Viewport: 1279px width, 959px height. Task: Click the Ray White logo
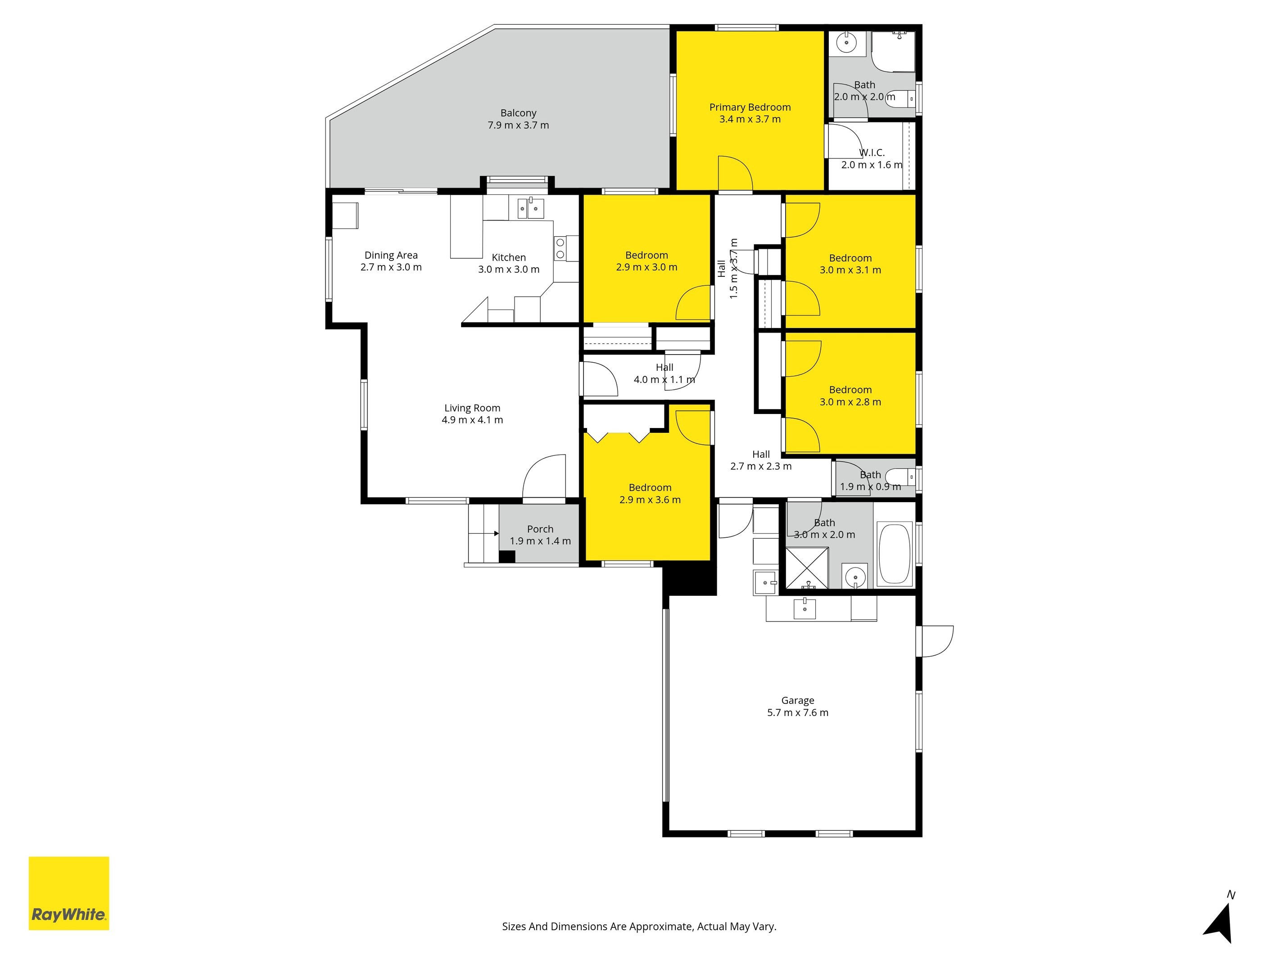[69, 893]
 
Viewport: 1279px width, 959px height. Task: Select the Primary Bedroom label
[750, 108]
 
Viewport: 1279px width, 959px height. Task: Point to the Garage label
[797, 701]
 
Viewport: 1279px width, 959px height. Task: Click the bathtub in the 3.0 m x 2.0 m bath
[894, 554]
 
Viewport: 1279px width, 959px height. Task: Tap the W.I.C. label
[872, 153]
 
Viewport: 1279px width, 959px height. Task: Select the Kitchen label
[509, 258]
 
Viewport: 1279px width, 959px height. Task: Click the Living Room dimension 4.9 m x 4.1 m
[472, 420]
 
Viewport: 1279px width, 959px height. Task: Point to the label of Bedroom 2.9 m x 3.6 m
[650, 488]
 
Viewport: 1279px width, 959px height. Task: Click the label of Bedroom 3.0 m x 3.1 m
[850, 258]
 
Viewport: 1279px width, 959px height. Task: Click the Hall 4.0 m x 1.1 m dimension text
[664, 380]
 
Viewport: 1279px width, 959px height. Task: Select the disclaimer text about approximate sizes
[639, 927]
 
